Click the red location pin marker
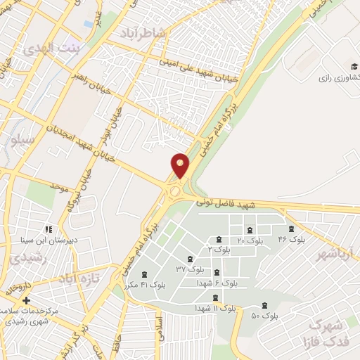pyautogui.click(x=181, y=165)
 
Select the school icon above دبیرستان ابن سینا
pyautogui.click(x=48, y=229)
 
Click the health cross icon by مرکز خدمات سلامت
pyautogui.click(x=26, y=300)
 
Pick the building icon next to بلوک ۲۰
pyautogui.click(x=249, y=229)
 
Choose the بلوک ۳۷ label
pyautogui.click(x=191, y=269)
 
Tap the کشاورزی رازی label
pyautogui.click(x=337, y=75)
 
